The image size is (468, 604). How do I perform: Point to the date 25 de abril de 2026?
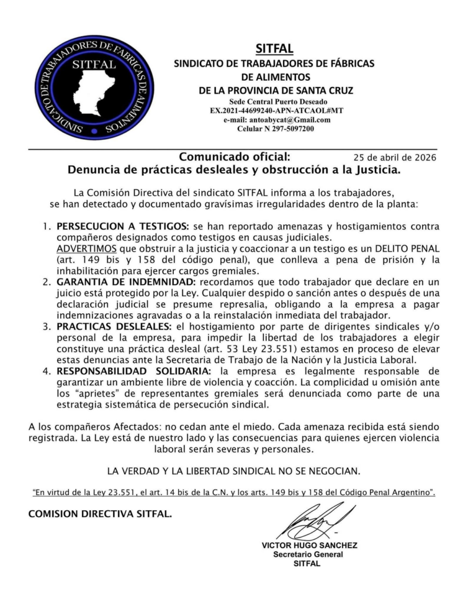[x=394, y=158]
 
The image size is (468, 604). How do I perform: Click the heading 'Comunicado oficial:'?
[x=234, y=157]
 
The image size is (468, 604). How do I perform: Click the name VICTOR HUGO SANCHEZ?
[x=309, y=546]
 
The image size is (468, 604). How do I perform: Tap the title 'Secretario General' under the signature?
[x=308, y=554]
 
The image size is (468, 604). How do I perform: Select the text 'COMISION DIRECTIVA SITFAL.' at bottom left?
[x=100, y=514]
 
